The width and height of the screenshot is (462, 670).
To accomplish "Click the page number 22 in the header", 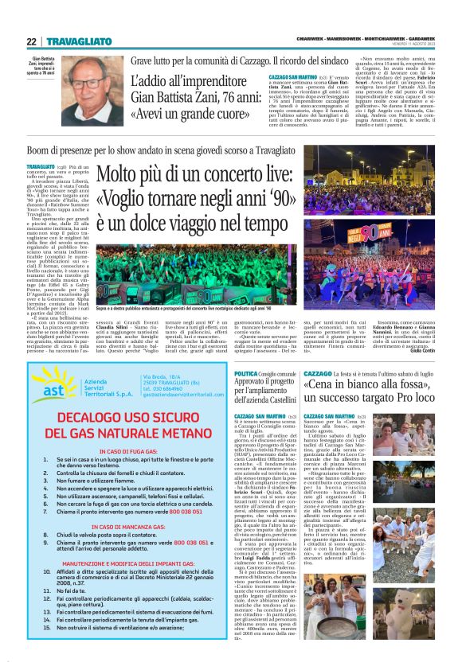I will click(31, 41).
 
